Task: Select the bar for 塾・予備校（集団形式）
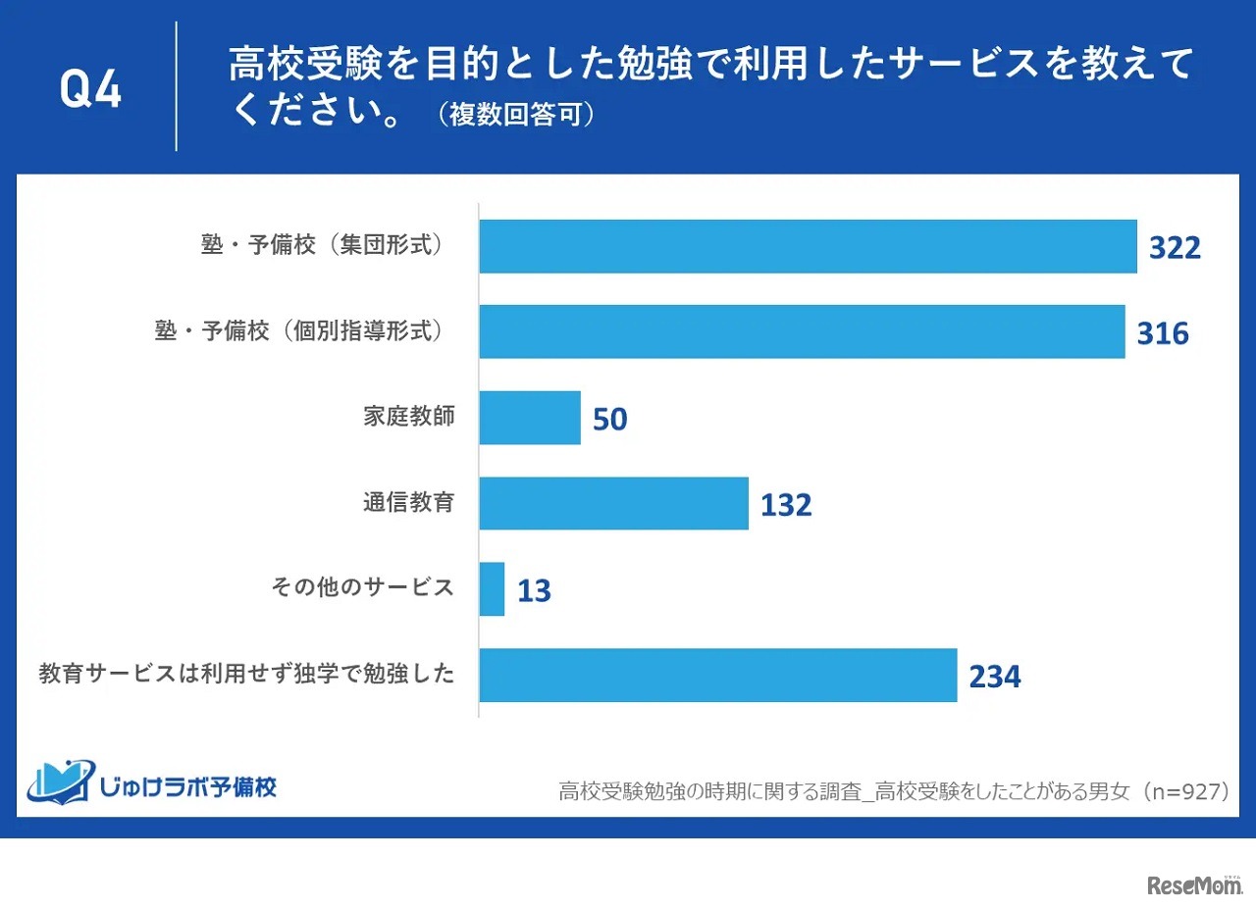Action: click(x=808, y=246)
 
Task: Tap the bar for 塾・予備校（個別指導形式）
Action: click(x=802, y=331)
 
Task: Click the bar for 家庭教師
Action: click(x=530, y=418)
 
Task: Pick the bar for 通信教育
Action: click(x=613, y=503)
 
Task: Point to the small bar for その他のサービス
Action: click(x=492, y=589)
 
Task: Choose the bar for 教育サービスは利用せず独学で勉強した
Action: click(x=717, y=675)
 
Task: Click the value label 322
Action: click(x=1175, y=248)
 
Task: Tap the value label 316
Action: click(x=1163, y=333)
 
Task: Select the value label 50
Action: click(x=609, y=420)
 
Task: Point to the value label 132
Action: click(x=786, y=505)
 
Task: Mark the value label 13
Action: click(x=534, y=591)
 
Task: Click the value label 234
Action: click(x=995, y=677)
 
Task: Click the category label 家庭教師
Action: click(x=408, y=416)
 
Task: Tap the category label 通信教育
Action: click(x=408, y=502)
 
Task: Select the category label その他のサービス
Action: click(x=362, y=587)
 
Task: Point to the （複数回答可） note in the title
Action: click(x=515, y=116)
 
